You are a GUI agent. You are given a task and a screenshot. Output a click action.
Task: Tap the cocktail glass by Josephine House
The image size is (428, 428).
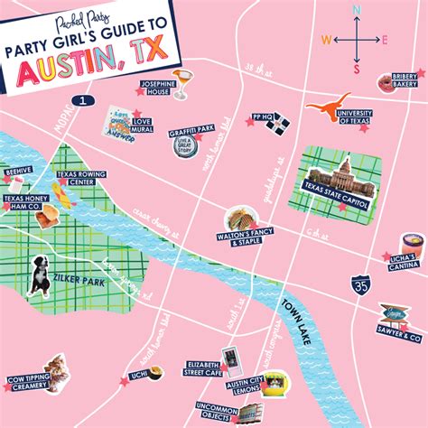click(x=181, y=82)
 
